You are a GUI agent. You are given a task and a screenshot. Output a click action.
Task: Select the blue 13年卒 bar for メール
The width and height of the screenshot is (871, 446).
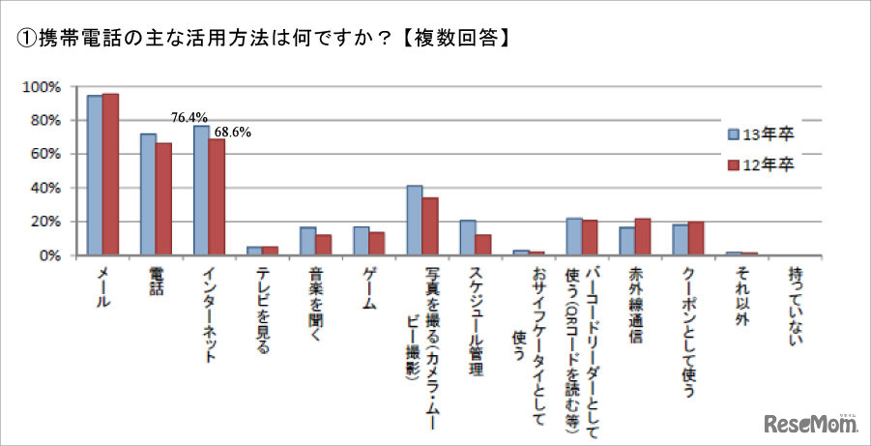[x=95, y=175]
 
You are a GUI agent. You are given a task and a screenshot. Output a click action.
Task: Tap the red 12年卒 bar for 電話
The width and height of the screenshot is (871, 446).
[x=163, y=199]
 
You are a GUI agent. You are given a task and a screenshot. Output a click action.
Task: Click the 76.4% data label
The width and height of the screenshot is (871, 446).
[x=189, y=117]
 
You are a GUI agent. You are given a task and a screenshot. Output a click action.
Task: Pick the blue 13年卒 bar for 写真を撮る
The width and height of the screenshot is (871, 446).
[x=414, y=221]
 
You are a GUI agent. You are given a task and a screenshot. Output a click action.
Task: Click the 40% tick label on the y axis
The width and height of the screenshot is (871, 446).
[x=45, y=188]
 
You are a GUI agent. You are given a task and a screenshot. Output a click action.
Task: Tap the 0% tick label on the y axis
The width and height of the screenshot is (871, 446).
[x=49, y=255]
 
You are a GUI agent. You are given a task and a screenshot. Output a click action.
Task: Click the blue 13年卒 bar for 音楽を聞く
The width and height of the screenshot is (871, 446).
[x=307, y=241]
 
